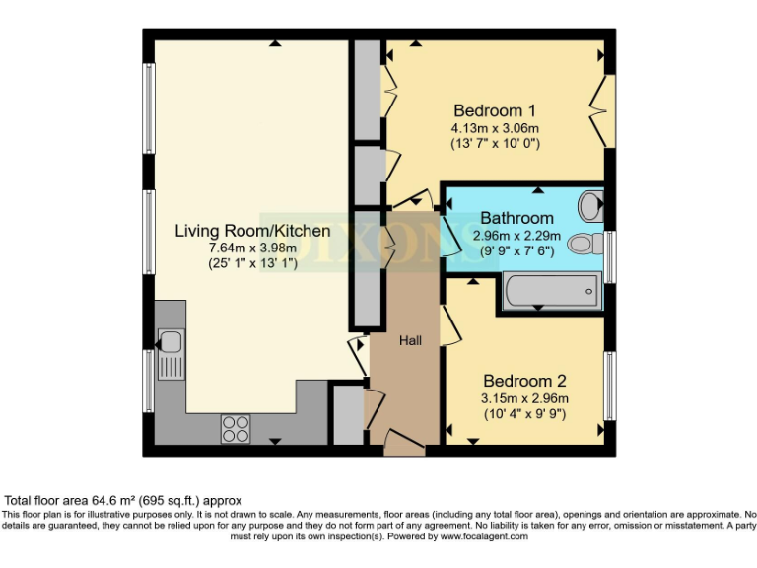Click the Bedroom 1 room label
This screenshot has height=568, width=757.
(x=495, y=108)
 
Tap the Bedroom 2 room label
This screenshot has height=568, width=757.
(x=524, y=380)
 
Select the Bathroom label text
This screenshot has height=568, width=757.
(x=516, y=218)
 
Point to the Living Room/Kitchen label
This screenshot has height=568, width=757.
(x=252, y=231)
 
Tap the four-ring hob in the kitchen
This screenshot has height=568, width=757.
(x=236, y=427)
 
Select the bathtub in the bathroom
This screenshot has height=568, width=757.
(x=550, y=290)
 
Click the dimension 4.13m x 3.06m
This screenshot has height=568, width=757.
(x=495, y=128)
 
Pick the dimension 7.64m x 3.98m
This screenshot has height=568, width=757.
(x=252, y=248)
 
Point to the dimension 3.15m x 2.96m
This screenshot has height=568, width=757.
(x=524, y=398)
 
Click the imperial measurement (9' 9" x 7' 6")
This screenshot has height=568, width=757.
(x=516, y=251)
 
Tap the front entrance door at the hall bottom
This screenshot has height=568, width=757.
(x=404, y=446)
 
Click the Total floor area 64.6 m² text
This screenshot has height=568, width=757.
(x=123, y=501)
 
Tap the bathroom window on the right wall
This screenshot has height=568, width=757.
(x=610, y=255)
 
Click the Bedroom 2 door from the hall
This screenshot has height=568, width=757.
(x=447, y=323)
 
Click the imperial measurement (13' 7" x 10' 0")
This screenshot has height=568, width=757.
(x=495, y=144)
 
